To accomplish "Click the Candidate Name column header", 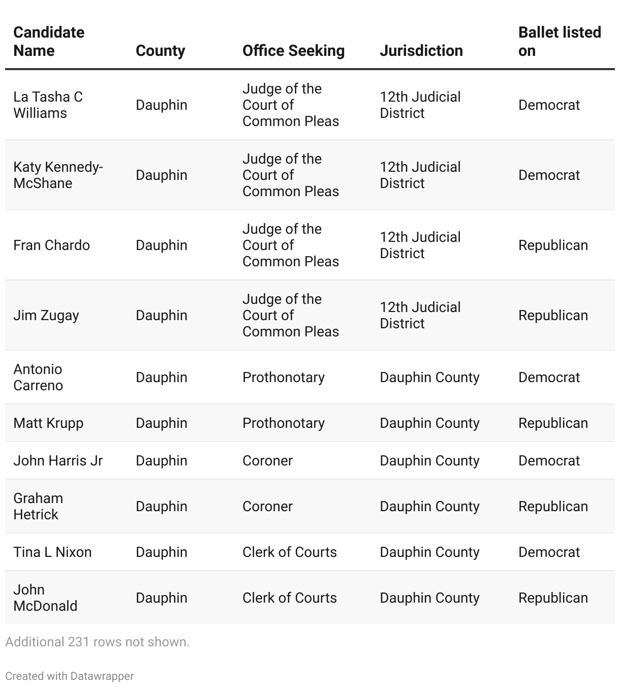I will tap(49, 41).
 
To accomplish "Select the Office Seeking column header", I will tap(293, 50).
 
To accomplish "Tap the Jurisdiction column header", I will tap(421, 50).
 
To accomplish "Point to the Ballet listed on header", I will tap(560, 41).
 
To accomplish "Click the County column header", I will tap(160, 50).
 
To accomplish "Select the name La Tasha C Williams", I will tap(48, 105).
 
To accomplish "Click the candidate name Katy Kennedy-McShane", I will tap(58, 175).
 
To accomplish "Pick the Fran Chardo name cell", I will tap(51, 245).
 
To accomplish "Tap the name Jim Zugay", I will tap(46, 315).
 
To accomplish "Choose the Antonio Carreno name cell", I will tap(38, 377).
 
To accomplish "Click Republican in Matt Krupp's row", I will tap(553, 423).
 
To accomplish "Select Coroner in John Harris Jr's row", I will tap(267, 460).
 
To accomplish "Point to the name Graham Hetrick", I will tap(38, 506).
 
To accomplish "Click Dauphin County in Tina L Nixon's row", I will tap(429, 552).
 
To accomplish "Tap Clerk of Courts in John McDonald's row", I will tap(289, 598).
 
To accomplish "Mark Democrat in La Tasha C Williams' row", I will tap(549, 105).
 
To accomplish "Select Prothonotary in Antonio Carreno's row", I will tap(283, 377).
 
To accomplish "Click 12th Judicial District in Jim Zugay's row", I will tap(420, 315).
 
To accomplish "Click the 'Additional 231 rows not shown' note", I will tap(97, 642).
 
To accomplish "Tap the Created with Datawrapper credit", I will tap(70, 676).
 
